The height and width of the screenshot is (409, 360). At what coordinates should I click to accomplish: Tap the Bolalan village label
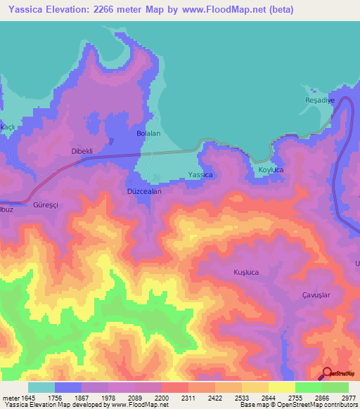click(148, 133)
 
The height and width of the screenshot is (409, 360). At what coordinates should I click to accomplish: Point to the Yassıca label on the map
click(200, 174)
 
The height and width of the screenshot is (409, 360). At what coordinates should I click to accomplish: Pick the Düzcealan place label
click(145, 191)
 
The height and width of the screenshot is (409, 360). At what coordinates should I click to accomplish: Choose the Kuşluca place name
click(246, 271)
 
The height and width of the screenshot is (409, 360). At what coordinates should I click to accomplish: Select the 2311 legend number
click(188, 397)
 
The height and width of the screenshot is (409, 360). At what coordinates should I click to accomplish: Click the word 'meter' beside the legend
click(10, 397)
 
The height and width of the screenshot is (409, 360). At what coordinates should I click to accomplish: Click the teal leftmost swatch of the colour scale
click(41, 387)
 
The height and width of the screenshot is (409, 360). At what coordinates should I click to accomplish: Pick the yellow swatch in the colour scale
click(282, 387)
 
